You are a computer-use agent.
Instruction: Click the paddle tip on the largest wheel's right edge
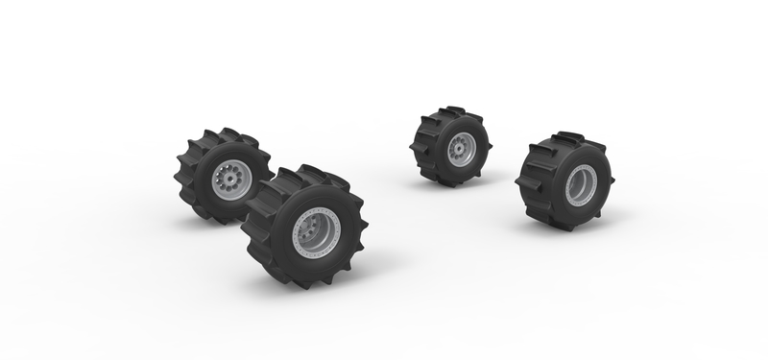pos(352,240)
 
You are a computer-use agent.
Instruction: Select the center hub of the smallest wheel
pos(463,150)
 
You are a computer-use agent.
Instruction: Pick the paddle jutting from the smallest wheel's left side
pos(415,150)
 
